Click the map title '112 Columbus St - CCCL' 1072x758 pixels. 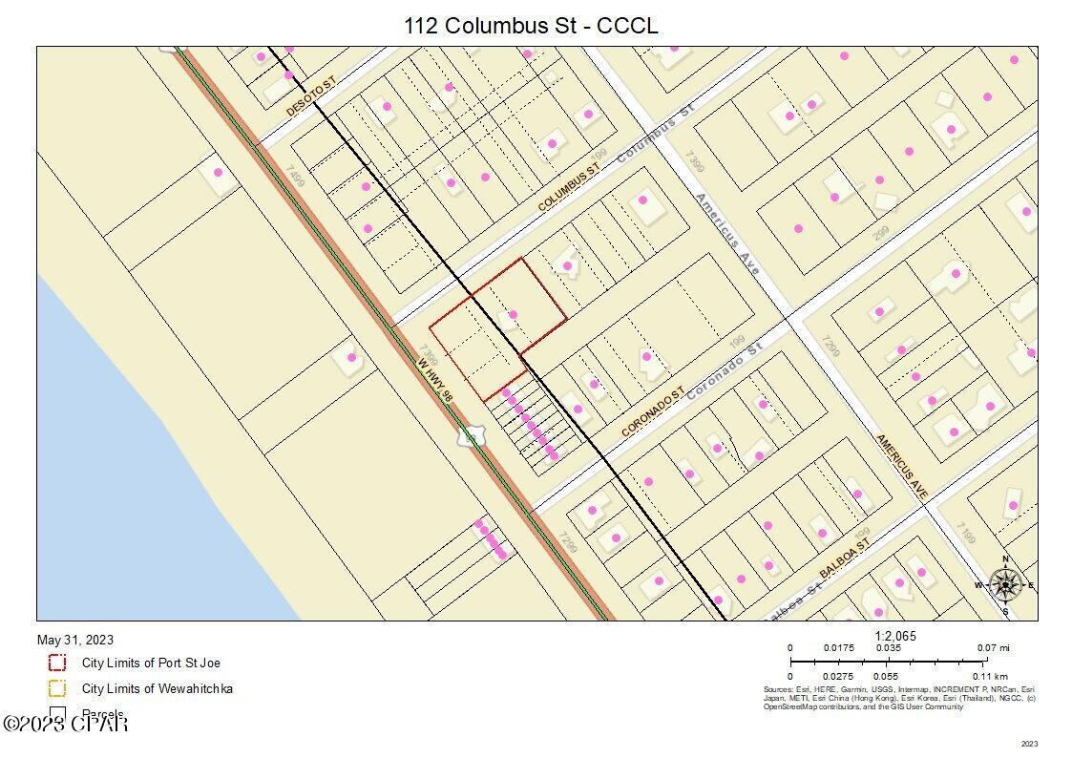click(531, 26)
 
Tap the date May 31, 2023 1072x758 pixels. click(75, 640)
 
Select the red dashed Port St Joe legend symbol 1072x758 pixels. click(57, 663)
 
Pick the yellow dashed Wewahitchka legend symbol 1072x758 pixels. click(57, 688)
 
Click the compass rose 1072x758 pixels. click(1005, 583)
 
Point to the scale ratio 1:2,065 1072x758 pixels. click(895, 636)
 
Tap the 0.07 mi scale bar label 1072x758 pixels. click(994, 648)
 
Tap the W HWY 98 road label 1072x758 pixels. click(435, 379)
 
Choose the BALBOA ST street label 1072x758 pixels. click(845, 559)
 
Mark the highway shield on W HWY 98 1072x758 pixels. click(469, 437)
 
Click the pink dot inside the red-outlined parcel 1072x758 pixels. click(513, 314)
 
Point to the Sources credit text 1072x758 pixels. click(898, 698)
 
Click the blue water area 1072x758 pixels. click(143, 458)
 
